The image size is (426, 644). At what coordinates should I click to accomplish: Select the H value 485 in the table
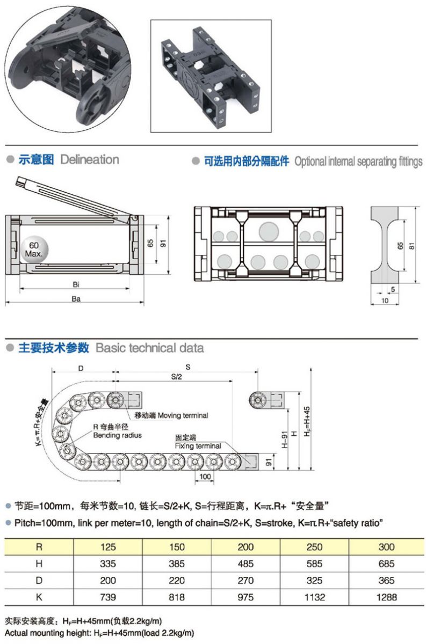coord(246,563)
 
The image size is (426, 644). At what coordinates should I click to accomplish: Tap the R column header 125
coord(108,547)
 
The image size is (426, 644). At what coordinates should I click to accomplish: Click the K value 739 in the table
coord(108,597)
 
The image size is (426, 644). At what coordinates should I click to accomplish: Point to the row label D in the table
coord(39,580)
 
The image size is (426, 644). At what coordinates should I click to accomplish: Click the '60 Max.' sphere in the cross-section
coord(35,250)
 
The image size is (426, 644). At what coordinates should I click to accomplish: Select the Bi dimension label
coord(76,283)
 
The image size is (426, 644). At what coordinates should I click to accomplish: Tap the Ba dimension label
coord(76,299)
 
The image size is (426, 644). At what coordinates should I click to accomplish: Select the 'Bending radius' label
coord(117,435)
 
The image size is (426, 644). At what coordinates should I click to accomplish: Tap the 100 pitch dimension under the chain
coord(204,477)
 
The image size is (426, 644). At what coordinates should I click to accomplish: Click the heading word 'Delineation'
coord(90,159)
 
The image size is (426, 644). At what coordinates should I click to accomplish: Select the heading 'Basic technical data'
coord(149,348)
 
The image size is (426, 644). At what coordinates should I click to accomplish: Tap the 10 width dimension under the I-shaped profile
coord(385,301)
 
